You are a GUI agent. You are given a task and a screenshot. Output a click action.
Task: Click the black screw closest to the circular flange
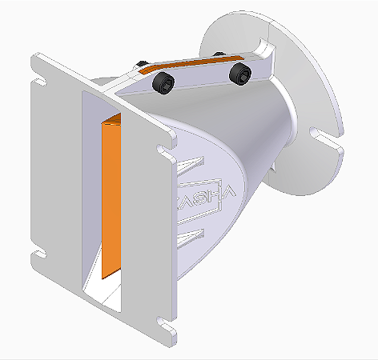(x=239, y=74)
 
